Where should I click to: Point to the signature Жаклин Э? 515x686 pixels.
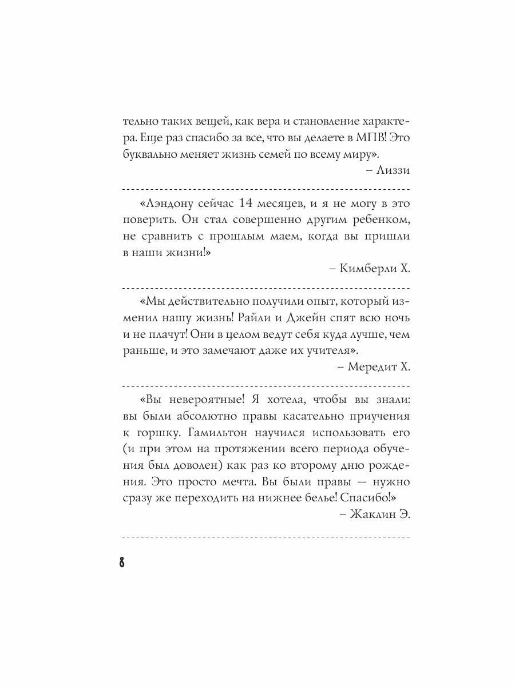coord(381,513)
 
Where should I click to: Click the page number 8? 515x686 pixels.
coord(122,561)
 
